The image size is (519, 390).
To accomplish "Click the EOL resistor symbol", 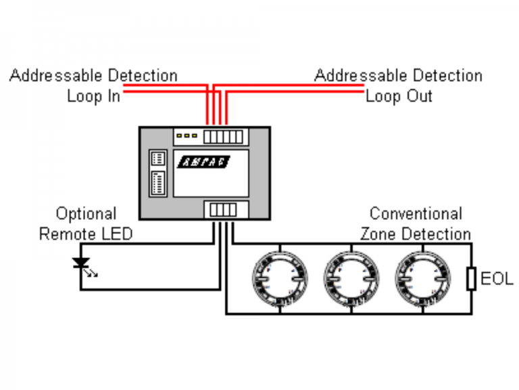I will pyautogui.click(x=472, y=278).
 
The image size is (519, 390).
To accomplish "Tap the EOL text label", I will pyautogui.click(x=496, y=278).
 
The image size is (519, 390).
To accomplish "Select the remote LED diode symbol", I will pyautogui.click(x=81, y=262).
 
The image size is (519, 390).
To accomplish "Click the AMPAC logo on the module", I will pyautogui.click(x=203, y=162).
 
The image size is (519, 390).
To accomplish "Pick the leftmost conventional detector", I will pyautogui.click(x=280, y=278).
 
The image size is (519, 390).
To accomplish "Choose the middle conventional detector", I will pyautogui.click(x=352, y=278).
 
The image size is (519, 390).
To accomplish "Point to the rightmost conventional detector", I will pyautogui.click(x=424, y=278).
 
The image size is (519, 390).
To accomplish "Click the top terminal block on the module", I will pyautogui.click(x=223, y=136).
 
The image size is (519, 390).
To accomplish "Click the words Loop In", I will pyautogui.click(x=93, y=96).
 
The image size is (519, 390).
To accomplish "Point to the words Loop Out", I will pyautogui.click(x=399, y=96).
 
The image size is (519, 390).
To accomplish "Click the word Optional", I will pyautogui.click(x=86, y=214).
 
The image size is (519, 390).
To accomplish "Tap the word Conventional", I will pyautogui.click(x=416, y=214).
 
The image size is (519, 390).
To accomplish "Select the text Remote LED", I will pyautogui.click(x=86, y=234).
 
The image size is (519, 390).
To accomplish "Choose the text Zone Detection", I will pyautogui.click(x=416, y=234).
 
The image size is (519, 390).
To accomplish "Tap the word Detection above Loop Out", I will pyautogui.click(x=447, y=75).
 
